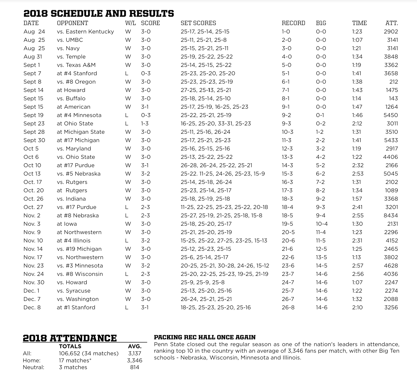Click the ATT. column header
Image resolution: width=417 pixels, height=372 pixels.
pyautogui.click(x=391, y=23)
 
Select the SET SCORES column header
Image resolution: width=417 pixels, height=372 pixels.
pyautogui.click(x=198, y=23)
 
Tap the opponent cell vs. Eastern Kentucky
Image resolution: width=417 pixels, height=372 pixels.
pyautogui.click(x=85, y=32)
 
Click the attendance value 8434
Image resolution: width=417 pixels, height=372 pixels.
pyautogui.click(x=391, y=216)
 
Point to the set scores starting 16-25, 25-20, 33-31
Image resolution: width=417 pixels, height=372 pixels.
pyautogui.click(x=216, y=124)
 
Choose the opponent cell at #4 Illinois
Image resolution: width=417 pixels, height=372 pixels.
pyautogui.click(x=74, y=241)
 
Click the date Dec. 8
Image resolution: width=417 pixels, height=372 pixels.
pyautogui.click(x=32, y=307)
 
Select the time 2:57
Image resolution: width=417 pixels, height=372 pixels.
pyautogui.click(x=358, y=266)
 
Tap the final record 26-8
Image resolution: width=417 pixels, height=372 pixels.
pyautogui.click(x=288, y=307)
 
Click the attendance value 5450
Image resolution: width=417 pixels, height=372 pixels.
pyautogui.click(x=391, y=115)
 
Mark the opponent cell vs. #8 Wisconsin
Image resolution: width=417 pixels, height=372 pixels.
pyautogui.click(x=80, y=274)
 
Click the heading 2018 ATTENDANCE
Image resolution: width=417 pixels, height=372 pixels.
pyautogui.click(x=70, y=338)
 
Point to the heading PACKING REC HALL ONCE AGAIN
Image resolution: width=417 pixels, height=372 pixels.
pyautogui.click(x=205, y=337)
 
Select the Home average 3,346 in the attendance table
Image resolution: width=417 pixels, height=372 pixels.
pyautogui.click(x=135, y=361)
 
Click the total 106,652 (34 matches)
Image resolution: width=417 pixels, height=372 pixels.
pyautogui.click(x=89, y=353)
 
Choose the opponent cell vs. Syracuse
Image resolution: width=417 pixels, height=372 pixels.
pyautogui.click(x=74, y=291)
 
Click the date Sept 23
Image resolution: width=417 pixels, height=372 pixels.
pyautogui.click(x=34, y=124)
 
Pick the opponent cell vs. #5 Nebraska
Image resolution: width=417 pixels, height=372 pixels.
pyautogui.click(x=79, y=174)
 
